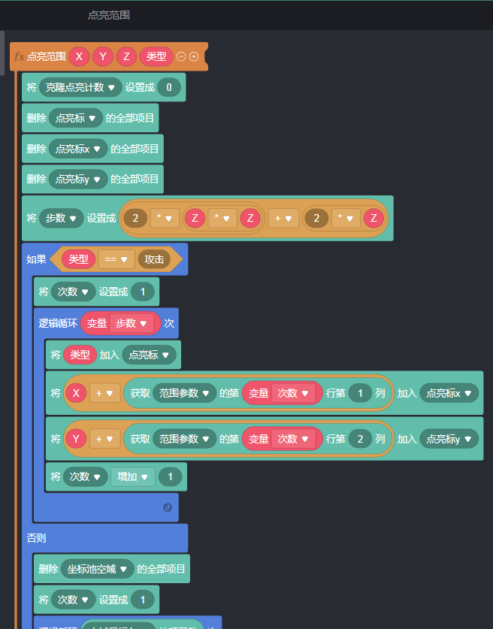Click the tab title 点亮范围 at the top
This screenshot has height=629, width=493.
(109, 15)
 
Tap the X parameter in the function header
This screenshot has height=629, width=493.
(79, 56)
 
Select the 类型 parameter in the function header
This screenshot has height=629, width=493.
(156, 56)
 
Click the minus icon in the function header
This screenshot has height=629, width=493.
(181, 56)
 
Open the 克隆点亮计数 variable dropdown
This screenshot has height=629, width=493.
(81, 87)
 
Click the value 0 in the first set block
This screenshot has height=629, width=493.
(168, 87)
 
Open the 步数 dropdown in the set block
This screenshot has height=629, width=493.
(61, 218)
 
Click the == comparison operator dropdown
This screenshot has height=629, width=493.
(116, 259)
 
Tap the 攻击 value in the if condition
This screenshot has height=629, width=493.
(154, 259)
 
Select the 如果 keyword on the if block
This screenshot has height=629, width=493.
(36, 259)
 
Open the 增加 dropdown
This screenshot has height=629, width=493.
(132, 476)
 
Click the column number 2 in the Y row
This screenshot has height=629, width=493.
(359, 438)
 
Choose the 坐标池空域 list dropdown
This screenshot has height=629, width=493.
(96, 569)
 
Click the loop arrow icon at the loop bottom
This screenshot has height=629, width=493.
(167, 507)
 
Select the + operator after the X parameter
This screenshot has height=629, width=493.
(104, 392)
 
